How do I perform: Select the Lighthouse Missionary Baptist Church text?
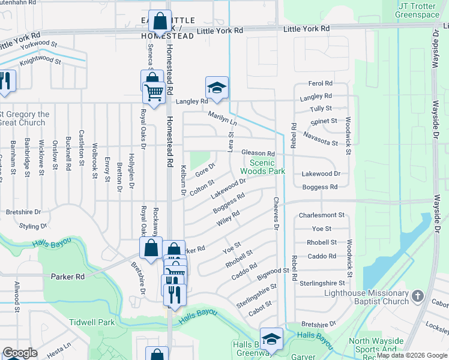366,297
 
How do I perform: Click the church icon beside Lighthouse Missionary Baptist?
418,296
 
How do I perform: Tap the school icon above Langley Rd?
217,88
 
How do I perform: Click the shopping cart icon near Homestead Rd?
154,92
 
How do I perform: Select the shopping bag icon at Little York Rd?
160,22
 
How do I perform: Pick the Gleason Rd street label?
258,154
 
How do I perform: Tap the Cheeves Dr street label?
277,214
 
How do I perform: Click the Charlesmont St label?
322,215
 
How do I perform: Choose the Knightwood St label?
40,61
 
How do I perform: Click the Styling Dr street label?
32,227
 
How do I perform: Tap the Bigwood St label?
273,274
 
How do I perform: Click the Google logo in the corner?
20,353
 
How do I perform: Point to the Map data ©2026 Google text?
411,355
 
